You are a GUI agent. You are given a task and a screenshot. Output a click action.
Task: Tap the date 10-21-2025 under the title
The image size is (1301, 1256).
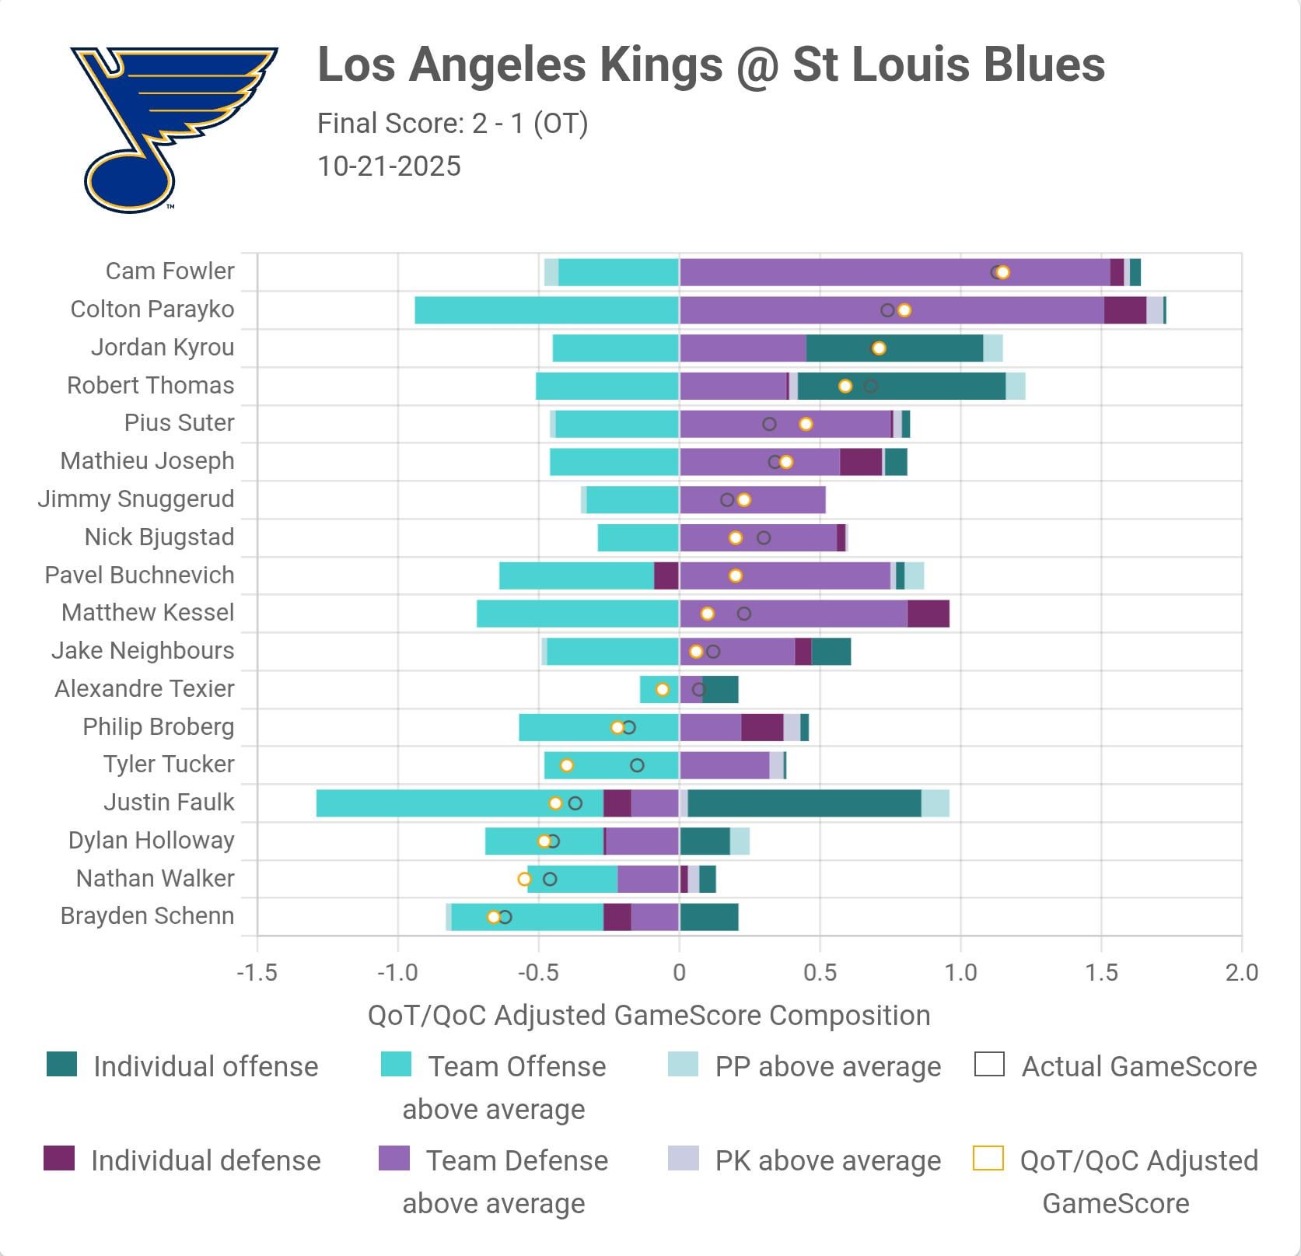(389, 166)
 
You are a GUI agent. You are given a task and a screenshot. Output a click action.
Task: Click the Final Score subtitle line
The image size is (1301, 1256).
(453, 124)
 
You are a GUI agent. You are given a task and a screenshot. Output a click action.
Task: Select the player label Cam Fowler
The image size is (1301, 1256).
(170, 271)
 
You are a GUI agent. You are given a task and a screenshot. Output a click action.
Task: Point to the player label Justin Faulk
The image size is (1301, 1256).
(169, 803)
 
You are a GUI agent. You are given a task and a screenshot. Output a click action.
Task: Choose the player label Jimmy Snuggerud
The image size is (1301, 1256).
(136, 499)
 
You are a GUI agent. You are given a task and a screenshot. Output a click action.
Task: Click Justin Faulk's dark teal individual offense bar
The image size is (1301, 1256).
(804, 803)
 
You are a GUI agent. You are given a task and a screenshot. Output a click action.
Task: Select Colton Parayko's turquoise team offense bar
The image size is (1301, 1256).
(547, 310)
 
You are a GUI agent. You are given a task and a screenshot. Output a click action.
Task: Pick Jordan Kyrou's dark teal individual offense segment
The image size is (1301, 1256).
(894, 348)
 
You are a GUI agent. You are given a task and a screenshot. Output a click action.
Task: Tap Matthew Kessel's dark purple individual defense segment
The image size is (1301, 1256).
(928, 614)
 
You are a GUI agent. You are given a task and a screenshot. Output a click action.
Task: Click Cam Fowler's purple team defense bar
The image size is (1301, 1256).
(894, 272)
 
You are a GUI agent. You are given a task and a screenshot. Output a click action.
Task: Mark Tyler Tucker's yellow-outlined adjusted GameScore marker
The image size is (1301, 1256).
(567, 765)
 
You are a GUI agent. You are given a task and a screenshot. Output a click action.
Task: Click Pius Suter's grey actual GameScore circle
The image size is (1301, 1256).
(769, 424)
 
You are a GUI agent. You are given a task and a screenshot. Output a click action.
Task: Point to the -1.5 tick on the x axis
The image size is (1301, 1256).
(257, 972)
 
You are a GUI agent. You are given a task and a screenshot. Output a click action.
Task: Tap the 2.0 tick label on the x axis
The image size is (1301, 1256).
(1241, 972)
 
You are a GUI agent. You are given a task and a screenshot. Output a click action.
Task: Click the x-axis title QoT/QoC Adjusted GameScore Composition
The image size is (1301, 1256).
(649, 1016)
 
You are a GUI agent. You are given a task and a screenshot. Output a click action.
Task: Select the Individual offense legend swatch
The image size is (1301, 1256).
(62, 1065)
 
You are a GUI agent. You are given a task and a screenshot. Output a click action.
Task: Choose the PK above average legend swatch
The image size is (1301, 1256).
(683, 1159)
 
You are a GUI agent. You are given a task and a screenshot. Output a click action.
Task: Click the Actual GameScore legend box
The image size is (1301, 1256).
(989, 1065)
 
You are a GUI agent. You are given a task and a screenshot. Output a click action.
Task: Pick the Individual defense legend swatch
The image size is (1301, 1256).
(60, 1159)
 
